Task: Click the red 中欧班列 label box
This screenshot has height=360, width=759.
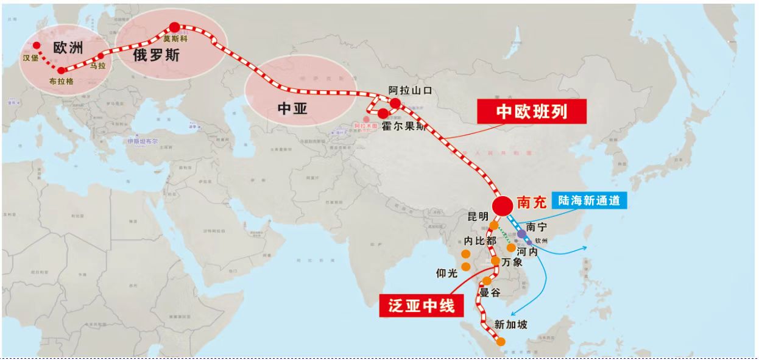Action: coord(532,111)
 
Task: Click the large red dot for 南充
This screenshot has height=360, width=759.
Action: coord(503,206)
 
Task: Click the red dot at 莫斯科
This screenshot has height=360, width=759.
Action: coord(175,27)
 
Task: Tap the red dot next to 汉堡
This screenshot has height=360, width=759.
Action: coord(37,45)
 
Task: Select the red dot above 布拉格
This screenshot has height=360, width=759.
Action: coord(61,71)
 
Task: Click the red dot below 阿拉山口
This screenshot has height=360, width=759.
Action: coord(395,103)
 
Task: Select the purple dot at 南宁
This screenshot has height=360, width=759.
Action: coord(522,233)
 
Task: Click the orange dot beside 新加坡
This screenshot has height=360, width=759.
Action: coord(501,342)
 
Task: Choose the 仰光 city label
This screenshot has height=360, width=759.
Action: coord(447,274)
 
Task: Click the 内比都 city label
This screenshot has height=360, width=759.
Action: coord(481,241)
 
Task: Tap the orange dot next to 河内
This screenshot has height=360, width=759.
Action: coord(511,248)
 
